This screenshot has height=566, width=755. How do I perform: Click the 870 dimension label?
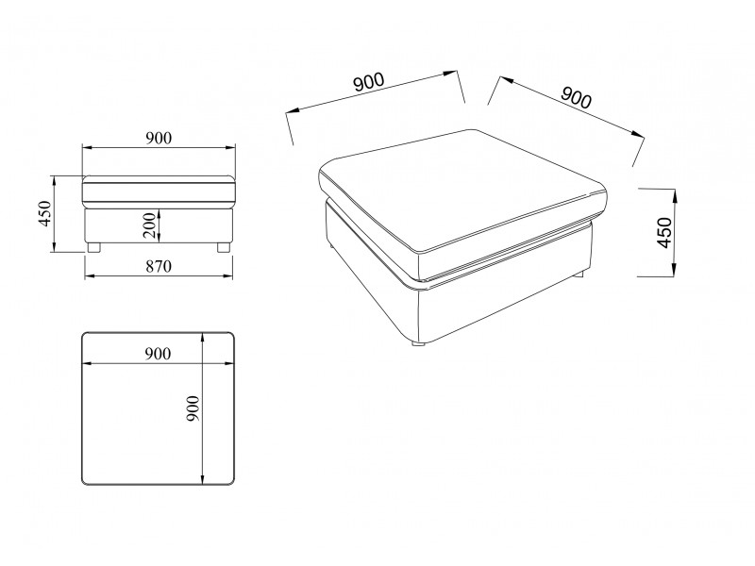pyautogui.click(x=159, y=266)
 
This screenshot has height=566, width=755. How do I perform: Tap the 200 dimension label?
pyautogui.click(x=150, y=225)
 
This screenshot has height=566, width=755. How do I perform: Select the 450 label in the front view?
pyautogui.click(x=44, y=213)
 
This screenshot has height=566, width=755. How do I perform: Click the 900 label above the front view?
pyautogui.click(x=159, y=138)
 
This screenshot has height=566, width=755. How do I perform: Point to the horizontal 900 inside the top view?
pyautogui.click(x=158, y=354)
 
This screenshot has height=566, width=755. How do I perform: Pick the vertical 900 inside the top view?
pyautogui.click(x=193, y=408)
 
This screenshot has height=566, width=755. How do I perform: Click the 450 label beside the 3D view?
pyautogui.click(x=664, y=233)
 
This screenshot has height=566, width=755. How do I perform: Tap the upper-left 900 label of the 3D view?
pyautogui.click(x=369, y=82)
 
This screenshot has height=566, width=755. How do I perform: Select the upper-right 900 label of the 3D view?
pyautogui.click(x=576, y=97)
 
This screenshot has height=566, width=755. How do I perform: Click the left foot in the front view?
pyautogui.click(x=92, y=247)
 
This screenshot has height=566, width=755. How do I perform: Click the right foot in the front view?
pyautogui.click(x=223, y=247)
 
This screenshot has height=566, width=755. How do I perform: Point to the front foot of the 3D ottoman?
pyautogui.click(x=417, y=343)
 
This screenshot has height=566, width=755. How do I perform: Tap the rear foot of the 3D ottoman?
pyautogui.click(x=579, y=275)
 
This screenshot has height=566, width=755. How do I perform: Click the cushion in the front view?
pyautogui.click(x=159, y=191)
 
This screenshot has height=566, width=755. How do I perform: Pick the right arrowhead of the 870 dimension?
pyautogui.click(x=228, y=275)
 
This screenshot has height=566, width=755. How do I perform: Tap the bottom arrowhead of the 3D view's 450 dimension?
pyautogui.click(x=674, y=271)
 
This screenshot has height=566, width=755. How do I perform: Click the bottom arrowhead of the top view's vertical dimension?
pyautogui.click(x=203, y=480)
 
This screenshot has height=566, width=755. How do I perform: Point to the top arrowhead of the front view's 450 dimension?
pyautogui.click(x=55, y=180)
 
